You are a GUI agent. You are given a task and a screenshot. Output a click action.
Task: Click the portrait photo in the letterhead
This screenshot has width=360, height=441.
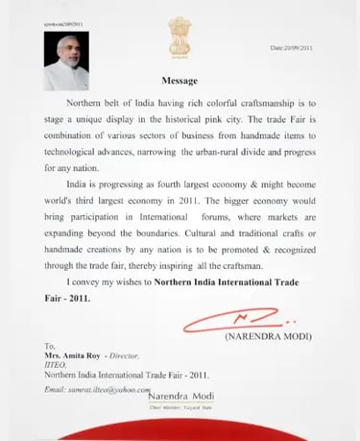tap(65, 64)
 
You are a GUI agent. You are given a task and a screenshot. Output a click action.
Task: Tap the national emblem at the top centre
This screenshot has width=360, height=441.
tap(180, 39)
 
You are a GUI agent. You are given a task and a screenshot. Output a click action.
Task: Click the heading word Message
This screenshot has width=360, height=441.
tap(180, 82)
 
